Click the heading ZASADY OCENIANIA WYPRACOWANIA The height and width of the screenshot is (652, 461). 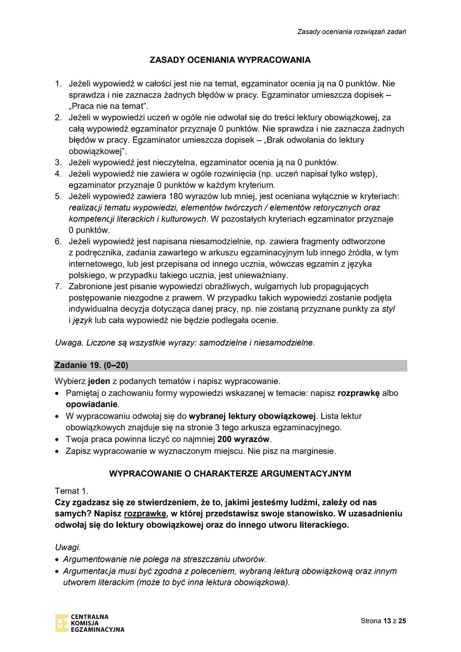point(230,60)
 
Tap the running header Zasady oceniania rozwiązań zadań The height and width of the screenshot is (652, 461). point(352,32)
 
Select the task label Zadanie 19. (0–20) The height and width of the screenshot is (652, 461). point(91,366)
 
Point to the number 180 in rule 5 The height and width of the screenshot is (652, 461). point(176,197)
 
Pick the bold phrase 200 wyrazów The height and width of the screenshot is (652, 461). point(244,439)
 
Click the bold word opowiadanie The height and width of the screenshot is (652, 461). point(91,404)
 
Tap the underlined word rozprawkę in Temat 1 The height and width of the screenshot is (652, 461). point(145,514)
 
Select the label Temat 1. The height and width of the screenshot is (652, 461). point(72,491)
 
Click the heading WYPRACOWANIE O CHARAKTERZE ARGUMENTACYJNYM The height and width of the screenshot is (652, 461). point(230,474)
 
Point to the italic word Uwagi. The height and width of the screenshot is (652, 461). point(68,548)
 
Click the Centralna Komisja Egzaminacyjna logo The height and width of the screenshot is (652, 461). point(90,623)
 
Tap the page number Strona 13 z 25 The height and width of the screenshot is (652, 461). point(383,621)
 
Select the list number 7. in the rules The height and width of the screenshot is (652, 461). point(58,286)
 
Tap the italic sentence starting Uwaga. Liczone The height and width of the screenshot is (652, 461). point(185,343)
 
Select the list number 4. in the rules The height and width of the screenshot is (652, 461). point(58,174)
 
